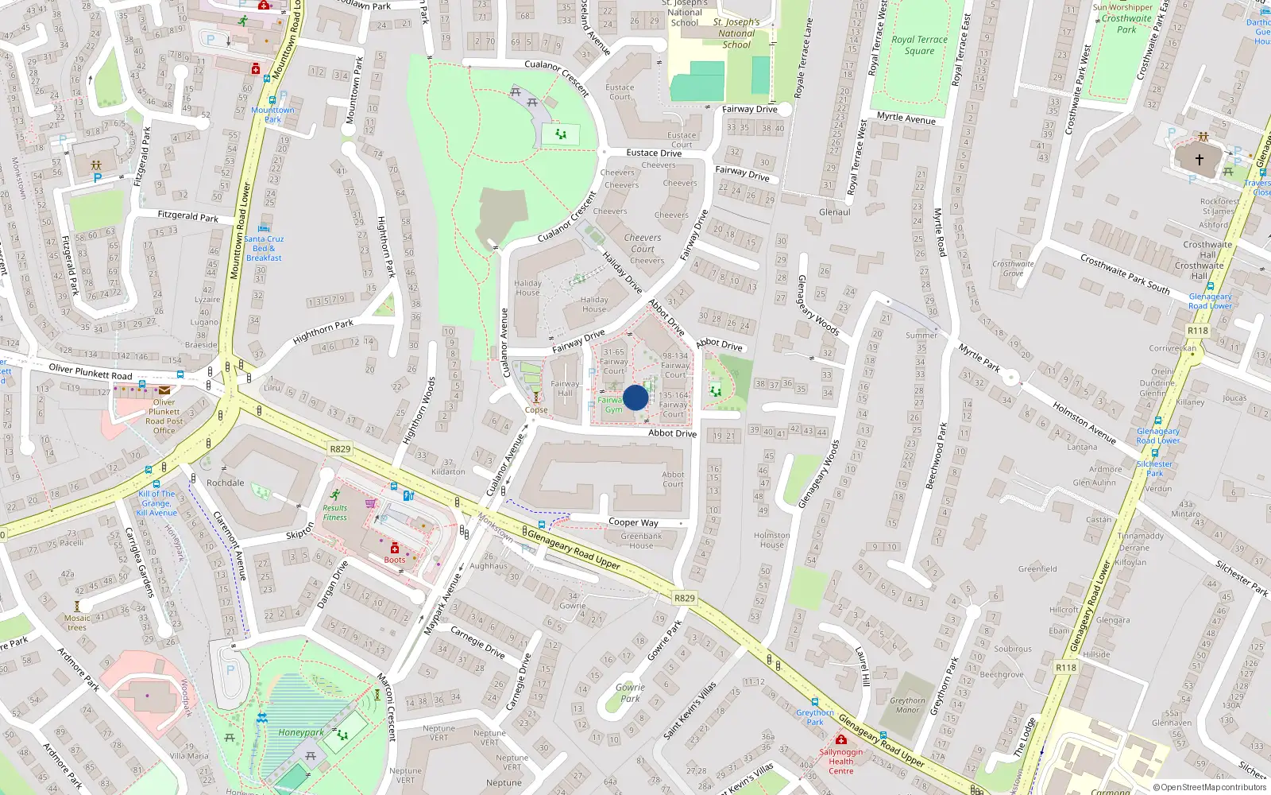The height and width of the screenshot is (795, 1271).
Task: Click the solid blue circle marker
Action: [635, 397]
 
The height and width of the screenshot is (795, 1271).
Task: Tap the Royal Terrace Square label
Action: [919, 45]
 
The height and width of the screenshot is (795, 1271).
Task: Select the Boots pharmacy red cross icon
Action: [395, 548]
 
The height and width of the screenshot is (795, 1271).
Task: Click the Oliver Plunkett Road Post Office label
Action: [164, 417]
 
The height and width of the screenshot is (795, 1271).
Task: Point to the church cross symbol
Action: [1200, 160]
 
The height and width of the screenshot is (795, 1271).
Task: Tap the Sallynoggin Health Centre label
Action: [840, 761]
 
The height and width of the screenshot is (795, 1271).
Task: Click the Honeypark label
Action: [300, 732]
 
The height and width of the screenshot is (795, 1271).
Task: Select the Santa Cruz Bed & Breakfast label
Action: [264, 248]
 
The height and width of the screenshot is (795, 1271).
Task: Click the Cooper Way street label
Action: [633, 522]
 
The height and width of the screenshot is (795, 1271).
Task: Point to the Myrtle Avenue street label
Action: [906, 118]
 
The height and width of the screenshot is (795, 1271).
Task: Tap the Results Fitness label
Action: [334, 513]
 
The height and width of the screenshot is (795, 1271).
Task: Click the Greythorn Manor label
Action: [907, 705]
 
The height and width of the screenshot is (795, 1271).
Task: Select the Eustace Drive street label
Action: [654, 153]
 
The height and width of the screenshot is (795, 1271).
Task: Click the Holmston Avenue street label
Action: [1084, 422]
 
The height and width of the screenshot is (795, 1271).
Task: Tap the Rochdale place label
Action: [225, 483]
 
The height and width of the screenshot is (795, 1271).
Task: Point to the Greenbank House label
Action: [641, 541]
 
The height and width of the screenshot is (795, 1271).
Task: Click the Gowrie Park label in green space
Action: [630, 692]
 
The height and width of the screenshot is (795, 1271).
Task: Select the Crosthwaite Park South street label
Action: [1125, 273]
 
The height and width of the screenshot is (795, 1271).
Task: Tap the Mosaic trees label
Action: [77, 622]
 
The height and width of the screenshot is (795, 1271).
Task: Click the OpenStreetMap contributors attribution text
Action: [1213, 788]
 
